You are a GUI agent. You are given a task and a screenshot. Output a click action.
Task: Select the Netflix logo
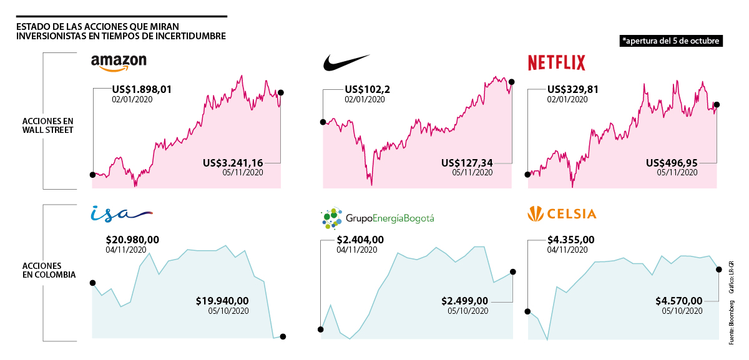tap(557, 62)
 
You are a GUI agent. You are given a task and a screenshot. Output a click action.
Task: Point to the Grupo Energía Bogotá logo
tap(376, 218)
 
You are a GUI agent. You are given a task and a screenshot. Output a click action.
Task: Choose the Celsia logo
tap(562, 214)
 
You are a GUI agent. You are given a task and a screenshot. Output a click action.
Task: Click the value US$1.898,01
tap(141, 89)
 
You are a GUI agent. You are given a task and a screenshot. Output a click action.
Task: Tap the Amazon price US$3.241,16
tap(233, 162)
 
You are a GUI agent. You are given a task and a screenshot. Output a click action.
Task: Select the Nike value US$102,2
tap(367, 89)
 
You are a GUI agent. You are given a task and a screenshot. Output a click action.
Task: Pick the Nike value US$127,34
tap(467, 162)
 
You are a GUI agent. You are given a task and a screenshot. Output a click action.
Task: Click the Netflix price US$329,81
tap(572, 89)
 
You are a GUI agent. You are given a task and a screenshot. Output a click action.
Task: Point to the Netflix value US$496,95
tap(672, 162)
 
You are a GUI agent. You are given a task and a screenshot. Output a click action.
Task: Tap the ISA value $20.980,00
tap(132, 240)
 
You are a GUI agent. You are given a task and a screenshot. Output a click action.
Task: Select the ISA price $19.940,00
tap(222, 301)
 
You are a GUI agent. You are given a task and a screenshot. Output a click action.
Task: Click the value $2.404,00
tap(360, 240)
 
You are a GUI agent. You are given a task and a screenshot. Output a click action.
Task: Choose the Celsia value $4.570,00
tap(679, 301)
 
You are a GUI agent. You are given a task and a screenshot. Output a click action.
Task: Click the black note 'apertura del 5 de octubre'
tap(671, 41)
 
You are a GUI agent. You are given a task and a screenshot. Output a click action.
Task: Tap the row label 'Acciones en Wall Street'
tap(48, 125)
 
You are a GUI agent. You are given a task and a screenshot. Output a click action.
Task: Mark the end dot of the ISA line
tap(283, 337)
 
